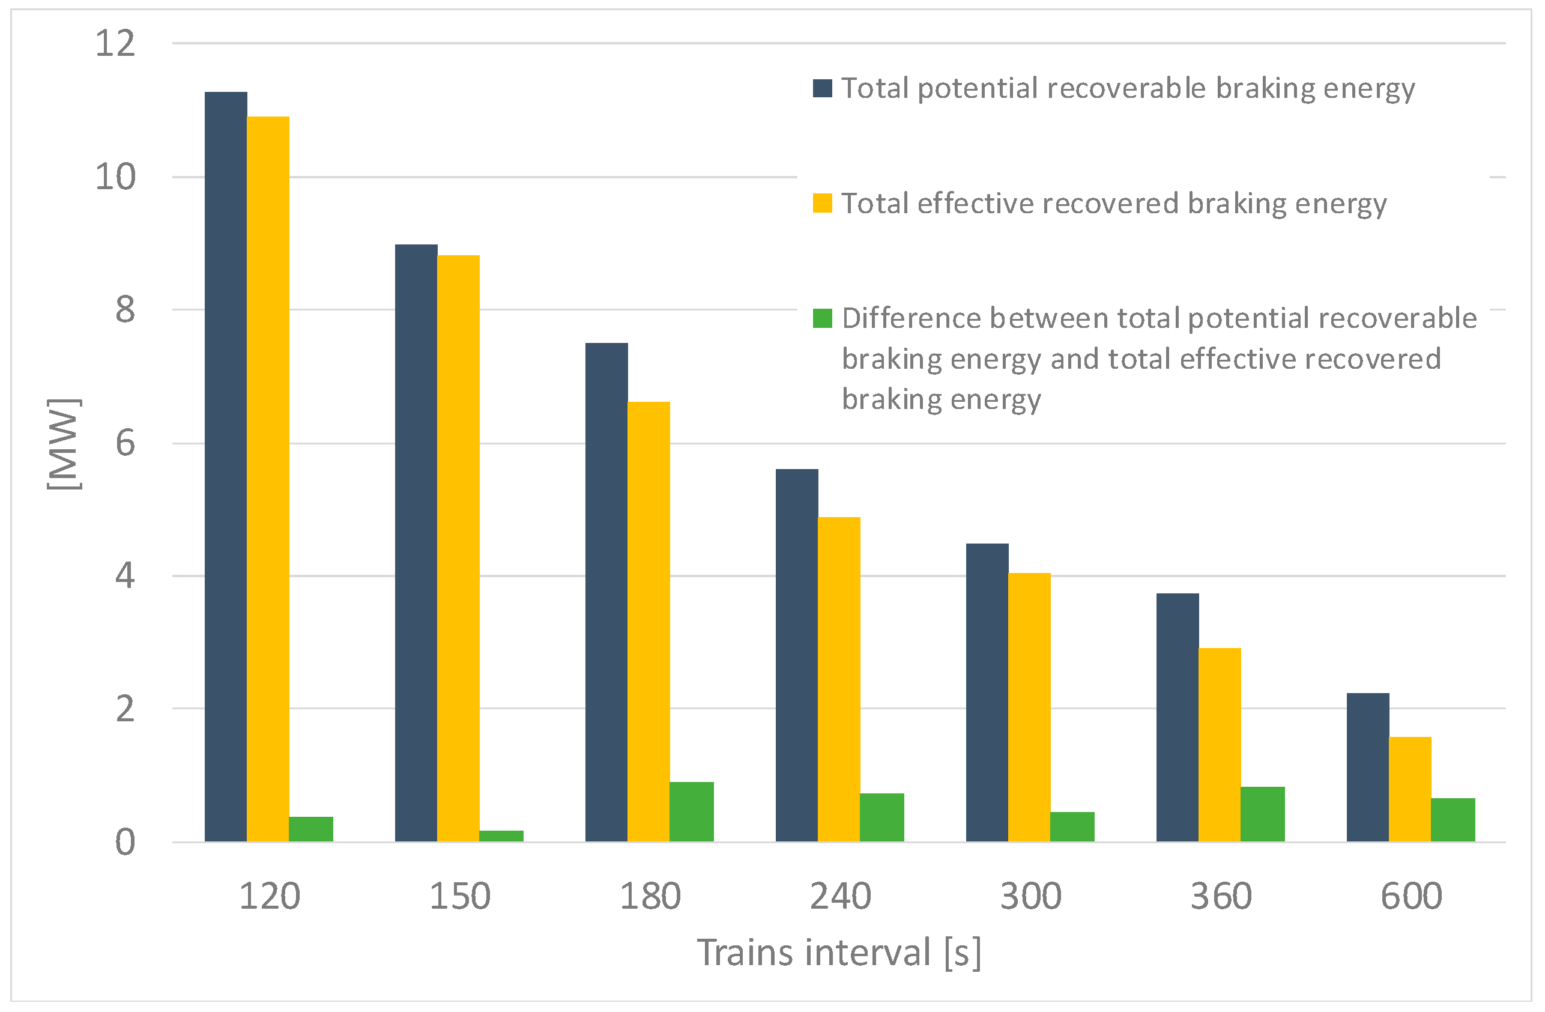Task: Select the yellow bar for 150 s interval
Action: [458, 548]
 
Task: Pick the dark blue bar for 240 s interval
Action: [797, 655]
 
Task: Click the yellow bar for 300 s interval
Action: [1029, 707]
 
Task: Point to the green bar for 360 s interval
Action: [1263, 814]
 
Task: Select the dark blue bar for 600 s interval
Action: [1368, 768]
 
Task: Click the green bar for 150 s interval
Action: [501, 835]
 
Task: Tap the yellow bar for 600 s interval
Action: [1410, 789]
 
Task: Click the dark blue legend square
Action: [822, 88]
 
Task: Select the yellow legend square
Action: [822, 203]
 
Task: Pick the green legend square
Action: [822, 318]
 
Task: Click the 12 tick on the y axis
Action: [115, 43]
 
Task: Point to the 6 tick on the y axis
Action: [125, 443]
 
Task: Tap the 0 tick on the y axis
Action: [125, 843]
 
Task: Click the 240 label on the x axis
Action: [840, 897]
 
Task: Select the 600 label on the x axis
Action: [1410, 897]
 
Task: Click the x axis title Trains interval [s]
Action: [839, 953]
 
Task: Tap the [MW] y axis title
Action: [64, 444]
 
